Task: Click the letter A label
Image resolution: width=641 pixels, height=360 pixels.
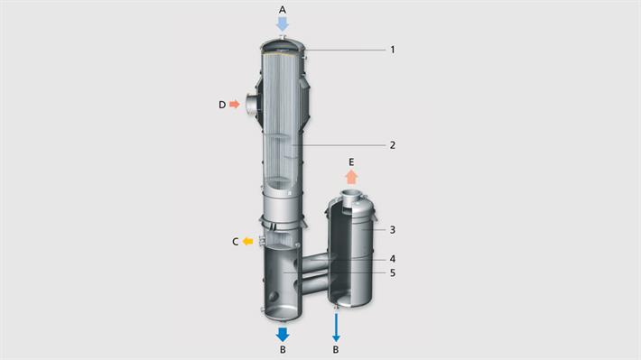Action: click(282, 9)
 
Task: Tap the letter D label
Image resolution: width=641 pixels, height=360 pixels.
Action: click(221, 105)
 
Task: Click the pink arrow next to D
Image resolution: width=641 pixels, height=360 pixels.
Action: click(235, 105)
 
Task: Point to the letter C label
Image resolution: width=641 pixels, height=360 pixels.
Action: click(235, 241)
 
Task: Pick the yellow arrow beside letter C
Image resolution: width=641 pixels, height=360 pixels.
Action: click(247, 241)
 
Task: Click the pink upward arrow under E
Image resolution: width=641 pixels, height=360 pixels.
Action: click(351, 177)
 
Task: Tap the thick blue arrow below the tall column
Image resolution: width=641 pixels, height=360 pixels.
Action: click(283, 333)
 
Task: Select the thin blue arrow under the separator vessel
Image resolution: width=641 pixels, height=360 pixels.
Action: click(336, 327)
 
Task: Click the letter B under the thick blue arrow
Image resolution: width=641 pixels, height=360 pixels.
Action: click(283, 350)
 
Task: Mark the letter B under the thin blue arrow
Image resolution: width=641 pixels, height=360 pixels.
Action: click(336, 350)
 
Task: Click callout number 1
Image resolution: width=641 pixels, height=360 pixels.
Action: click(393, 50)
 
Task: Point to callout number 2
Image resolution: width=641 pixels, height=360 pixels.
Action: click(393, 144)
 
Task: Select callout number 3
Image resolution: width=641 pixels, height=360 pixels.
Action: click(393, 229)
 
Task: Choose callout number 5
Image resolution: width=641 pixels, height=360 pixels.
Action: click(393, 272)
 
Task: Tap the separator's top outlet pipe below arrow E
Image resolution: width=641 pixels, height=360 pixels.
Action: click(351, 197)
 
